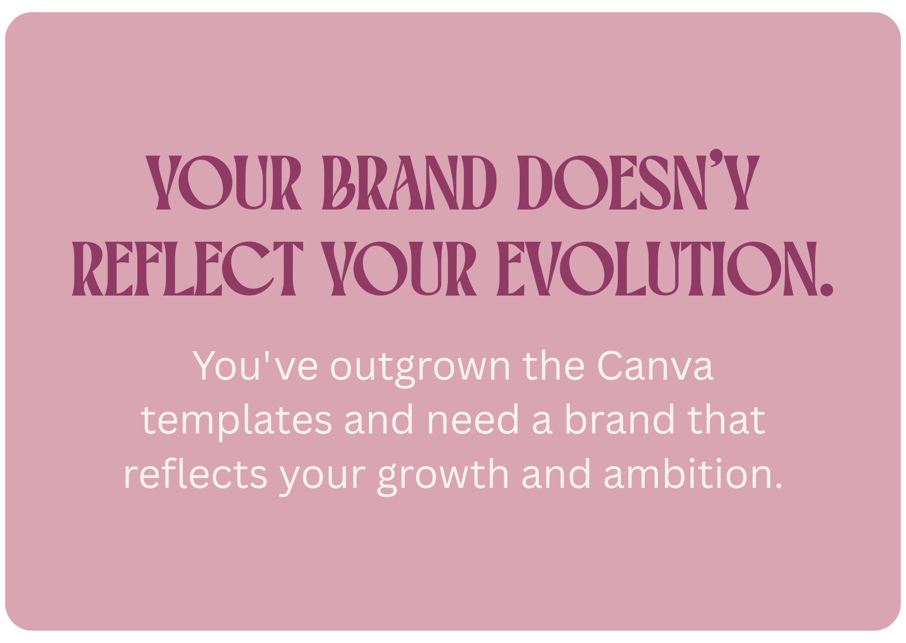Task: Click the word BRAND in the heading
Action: click(409, 183)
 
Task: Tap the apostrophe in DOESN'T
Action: click(716, 157)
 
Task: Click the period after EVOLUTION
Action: click(827, 289)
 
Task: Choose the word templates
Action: click(236, 421)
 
